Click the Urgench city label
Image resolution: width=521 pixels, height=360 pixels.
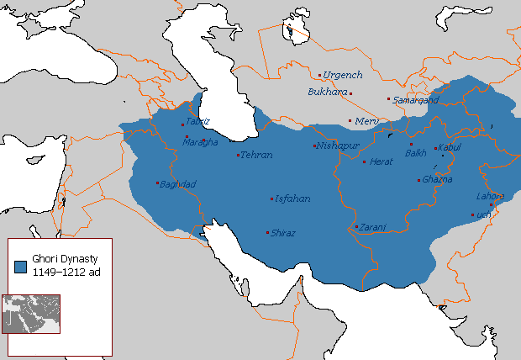pyautogui.click(x=343, y=75)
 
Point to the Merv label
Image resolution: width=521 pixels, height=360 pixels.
pyautogui.click(x=366, y=121)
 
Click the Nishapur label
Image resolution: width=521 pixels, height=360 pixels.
pyautogui.click(x=339, y=146)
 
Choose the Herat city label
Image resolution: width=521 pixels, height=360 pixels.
pyautogui.click(x=382, y=161)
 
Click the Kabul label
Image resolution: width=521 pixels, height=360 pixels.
pyautogui.click(x=450, y=148)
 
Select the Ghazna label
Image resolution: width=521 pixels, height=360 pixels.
pyautogui.click(x=438, y=179)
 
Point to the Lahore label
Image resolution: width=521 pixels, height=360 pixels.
pyautogui.click(x=489, y=197)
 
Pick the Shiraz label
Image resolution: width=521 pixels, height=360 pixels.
pyautogui.click(x=283, y=233)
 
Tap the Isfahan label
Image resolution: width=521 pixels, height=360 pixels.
pyautogui.click(x=292, y=199)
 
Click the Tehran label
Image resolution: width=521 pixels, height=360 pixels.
pyautogui.click(x=256, y=156)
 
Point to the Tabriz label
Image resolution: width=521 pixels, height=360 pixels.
pyautogui.click(x=197, y=121)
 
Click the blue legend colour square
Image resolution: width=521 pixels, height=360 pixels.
pyautogui.click(x=20, y=266)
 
